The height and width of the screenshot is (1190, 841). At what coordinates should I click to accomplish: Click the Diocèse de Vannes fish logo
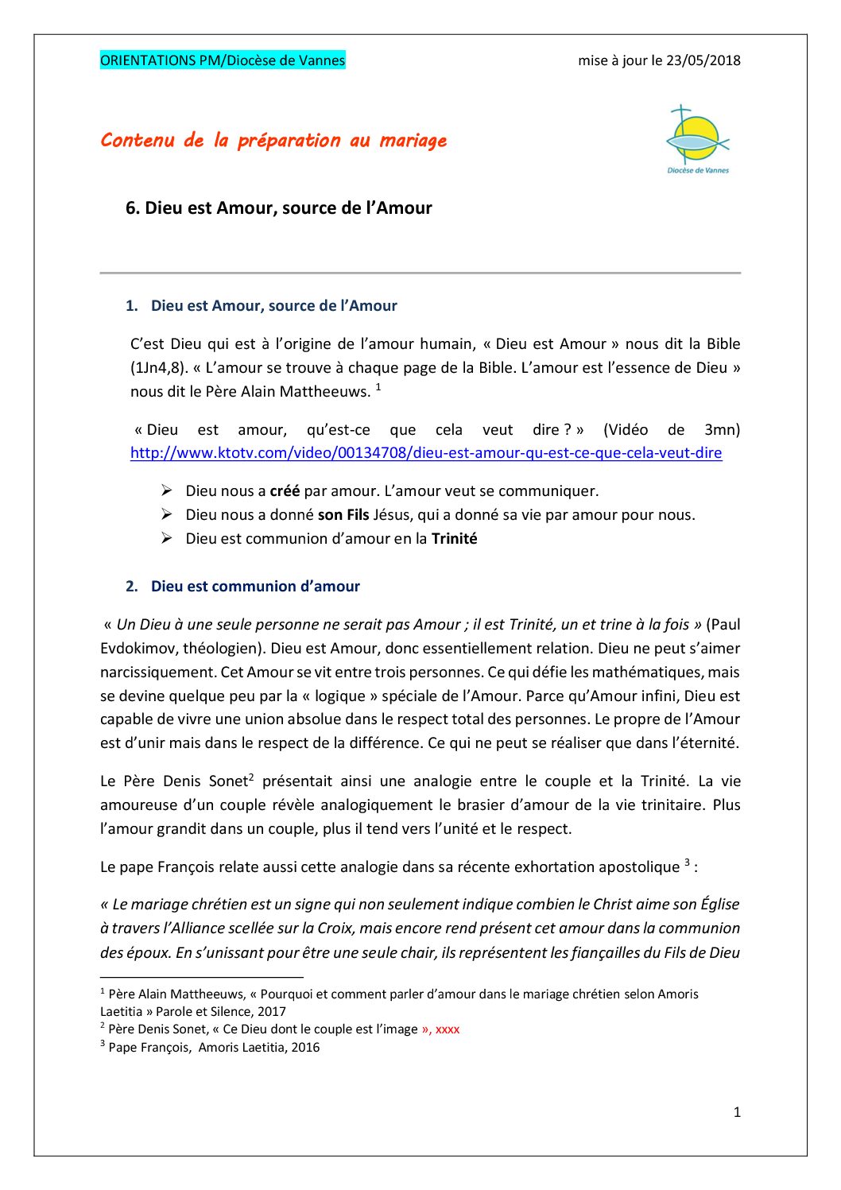tap(697, 138)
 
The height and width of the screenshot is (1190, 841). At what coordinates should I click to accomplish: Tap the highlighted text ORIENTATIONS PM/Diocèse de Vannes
tap(223, 60)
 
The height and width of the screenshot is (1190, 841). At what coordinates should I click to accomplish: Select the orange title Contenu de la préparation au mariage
tap(273, 141)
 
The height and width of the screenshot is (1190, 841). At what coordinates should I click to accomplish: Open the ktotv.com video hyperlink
tap(426, 453)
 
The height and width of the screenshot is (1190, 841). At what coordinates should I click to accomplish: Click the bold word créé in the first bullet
tap(285, 491)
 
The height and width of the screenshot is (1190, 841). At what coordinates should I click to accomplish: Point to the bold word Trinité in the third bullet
tap(454, 539)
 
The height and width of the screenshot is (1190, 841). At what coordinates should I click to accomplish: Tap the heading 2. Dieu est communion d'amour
tap(242, 587)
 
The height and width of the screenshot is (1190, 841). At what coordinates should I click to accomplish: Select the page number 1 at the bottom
tap(737, 1112)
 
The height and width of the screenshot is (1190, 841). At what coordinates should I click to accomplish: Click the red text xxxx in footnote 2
tap(447, 1029)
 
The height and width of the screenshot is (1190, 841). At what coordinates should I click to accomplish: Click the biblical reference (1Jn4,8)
tap(159, 368)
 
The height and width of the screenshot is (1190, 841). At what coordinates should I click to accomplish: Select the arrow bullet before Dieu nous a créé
tap(167, 491)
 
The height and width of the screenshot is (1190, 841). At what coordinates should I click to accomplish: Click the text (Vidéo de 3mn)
tap(671, 430)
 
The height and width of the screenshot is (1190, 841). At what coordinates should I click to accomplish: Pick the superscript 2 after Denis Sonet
tap(251, 777)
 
